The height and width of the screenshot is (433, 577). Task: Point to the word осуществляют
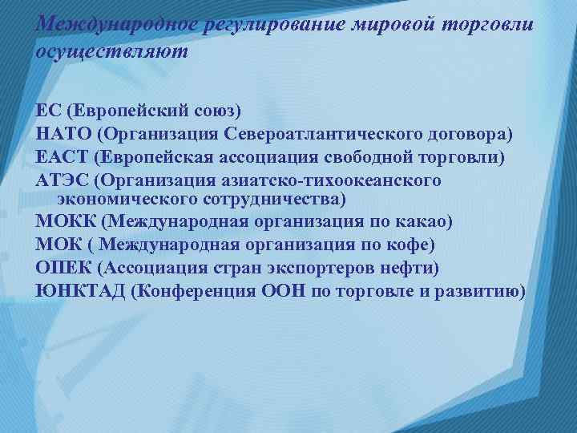click(x=112, y=51)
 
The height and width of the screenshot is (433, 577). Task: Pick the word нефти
click(x=416, y=267)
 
